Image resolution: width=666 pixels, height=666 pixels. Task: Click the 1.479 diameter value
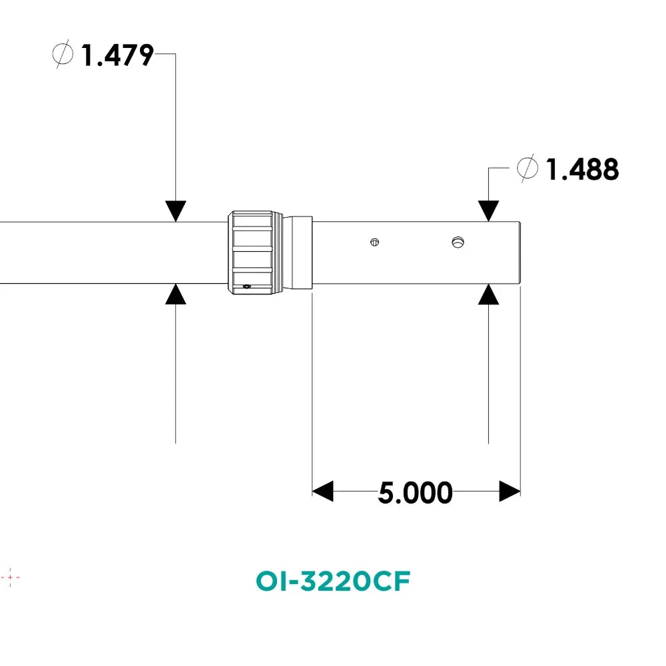coord(117,55)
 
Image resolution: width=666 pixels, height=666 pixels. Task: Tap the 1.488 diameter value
coord(582,169)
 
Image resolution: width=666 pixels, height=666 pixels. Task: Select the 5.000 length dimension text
coord(415,493)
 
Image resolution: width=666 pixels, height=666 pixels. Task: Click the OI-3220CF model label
coord(333,581)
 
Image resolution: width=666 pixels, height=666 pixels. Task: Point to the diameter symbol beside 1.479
coord(63,54)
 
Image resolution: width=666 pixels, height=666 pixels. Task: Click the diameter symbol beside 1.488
coord(527,168)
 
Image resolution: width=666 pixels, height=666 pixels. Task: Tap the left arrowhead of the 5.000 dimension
coord(323,492)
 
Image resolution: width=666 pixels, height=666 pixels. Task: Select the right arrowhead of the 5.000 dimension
coord(509,492)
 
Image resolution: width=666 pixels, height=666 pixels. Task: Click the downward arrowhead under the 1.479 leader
coord(175,211)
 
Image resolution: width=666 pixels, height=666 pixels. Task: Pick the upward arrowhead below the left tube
coord(175,294)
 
